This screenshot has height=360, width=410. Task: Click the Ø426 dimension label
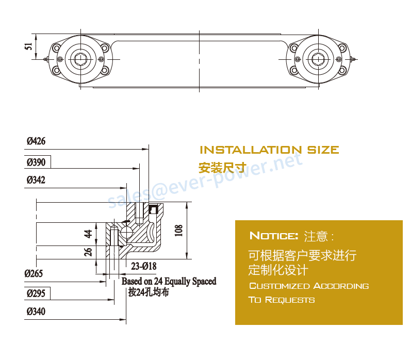(x=36, y=141)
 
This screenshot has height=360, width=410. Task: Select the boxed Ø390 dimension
(x=36, y=162)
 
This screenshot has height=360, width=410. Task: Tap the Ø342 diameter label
(x=36, y=180)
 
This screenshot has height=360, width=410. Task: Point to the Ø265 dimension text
(x=34, y=273)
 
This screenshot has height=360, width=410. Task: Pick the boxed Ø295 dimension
(x=36, y=293)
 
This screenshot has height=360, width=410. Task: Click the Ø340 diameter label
(x=36, y=312)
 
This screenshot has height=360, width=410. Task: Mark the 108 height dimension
(x=178, y=231)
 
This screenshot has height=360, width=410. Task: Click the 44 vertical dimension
(x=88, y=234)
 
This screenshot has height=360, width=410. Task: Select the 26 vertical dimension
(x=88, y=252)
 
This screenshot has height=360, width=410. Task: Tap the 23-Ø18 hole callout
(x=144, y=266)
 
